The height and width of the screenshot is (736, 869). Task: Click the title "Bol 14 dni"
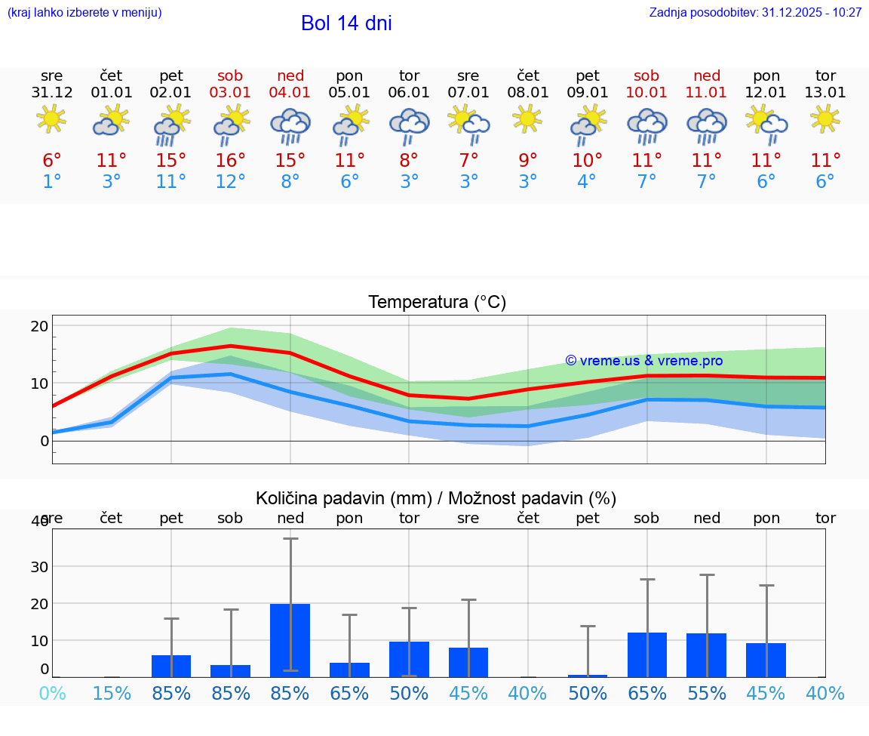pyautogui.click(x=346, y=23)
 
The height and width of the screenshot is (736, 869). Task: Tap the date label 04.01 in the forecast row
pyautogui.click(x=290, y=93)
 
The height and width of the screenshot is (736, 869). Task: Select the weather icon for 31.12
pyautogui.click(x=51, y=120)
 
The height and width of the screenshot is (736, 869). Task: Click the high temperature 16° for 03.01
pyautogui.click(x=230, y=161)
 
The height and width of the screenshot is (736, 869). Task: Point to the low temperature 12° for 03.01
pyautogui.click(x=230, y=182)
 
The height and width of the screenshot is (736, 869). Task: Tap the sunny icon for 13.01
pyautogui.click(x=825, y=119)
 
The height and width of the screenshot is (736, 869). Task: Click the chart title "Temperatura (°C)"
pyautogui.click(x=437, y=303)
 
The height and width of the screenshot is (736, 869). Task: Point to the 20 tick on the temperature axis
pyautogui.click(x=39, y=326)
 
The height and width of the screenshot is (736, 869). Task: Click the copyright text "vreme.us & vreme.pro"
pyautogui.click(x=643, y=361)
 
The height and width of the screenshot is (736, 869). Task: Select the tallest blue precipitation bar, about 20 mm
pyautogui.click(x=290, y=640)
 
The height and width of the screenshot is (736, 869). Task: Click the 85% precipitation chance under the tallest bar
pyautogui.click(x=290, y=693)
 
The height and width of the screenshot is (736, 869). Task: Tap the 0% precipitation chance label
pyautogui.click(x=52, y=693)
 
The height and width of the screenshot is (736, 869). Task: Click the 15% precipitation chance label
pyautogui.click(x=112, y=693)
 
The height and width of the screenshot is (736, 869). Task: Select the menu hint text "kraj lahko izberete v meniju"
pyautogui.click(x=84, y=13)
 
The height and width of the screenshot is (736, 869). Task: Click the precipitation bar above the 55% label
pyautogui.click(x=707, y=654)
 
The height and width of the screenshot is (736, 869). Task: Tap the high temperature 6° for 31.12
pyautogui.click(x=51, y=161)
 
